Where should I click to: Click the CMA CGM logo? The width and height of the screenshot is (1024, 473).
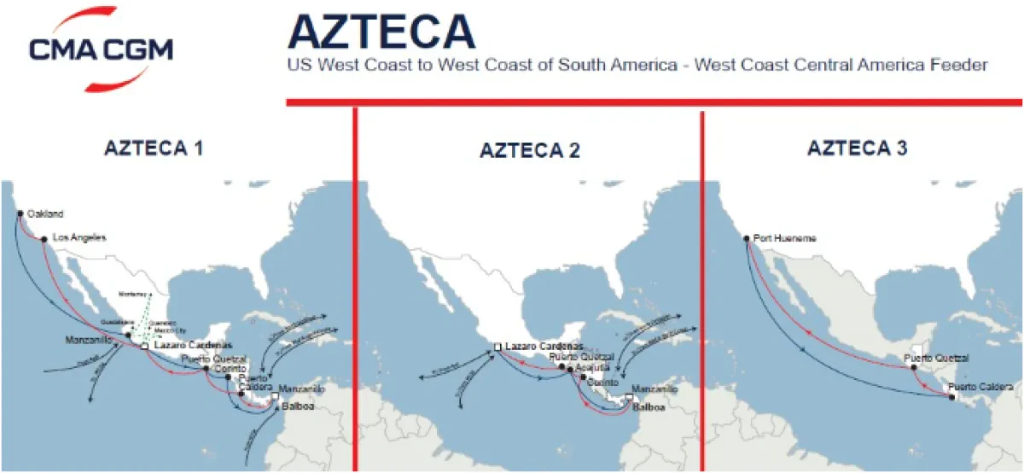[x=100, y=49]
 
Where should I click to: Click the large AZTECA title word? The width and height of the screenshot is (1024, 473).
[x=381, y=32]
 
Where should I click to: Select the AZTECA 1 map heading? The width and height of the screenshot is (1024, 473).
[x=154, y=148]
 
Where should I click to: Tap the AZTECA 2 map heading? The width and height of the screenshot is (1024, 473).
[x=530, y=151]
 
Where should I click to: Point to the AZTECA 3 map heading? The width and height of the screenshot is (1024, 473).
[x=857, y=149]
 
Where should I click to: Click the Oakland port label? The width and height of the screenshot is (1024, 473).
[x=45, y=213]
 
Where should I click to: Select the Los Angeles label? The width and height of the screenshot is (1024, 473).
[x=79, y=238]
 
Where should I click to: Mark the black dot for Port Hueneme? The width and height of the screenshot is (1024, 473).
[x=746, y=239]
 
